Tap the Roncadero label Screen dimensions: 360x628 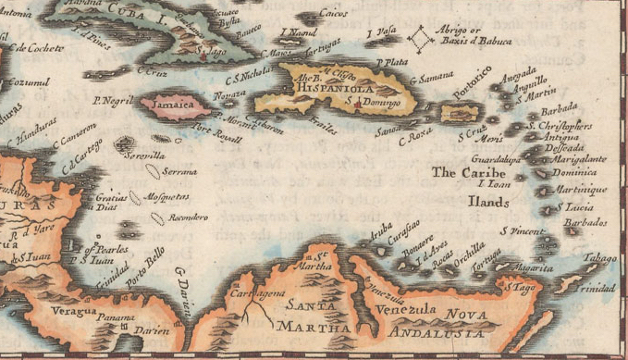point(188,217)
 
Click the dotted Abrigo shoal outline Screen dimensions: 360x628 point(425,40)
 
